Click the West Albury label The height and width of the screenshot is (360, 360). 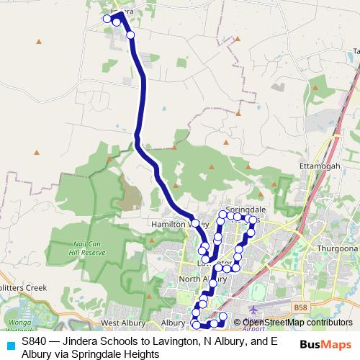coord(124,323)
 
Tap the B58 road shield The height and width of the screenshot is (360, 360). coord(300,307)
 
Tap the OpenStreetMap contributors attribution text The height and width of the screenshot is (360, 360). coord(287,322)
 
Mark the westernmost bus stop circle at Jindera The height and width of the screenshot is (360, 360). coord(107,18)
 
